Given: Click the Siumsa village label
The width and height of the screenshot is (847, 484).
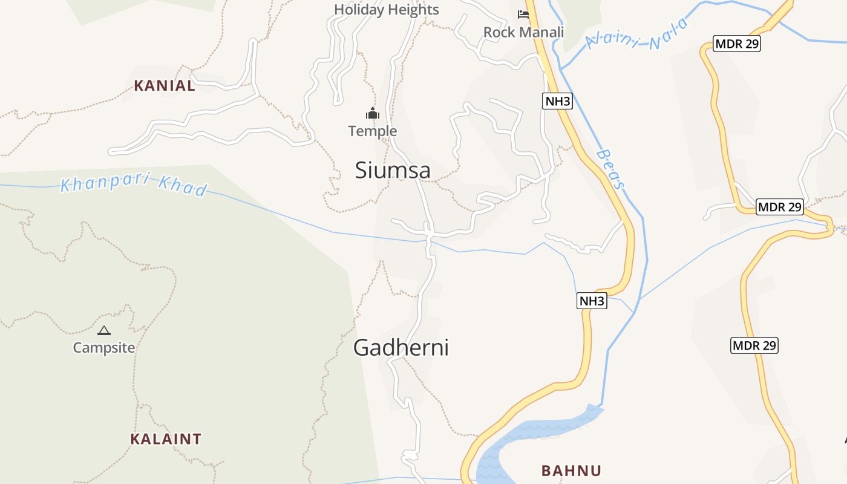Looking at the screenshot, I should point(393,170).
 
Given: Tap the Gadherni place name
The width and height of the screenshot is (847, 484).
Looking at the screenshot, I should point(401,348).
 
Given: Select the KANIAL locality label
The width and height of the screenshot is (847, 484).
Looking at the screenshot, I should point(165,86).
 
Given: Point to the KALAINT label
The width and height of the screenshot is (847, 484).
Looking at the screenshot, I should point(166,439).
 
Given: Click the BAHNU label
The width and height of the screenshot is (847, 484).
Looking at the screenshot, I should point(571,471).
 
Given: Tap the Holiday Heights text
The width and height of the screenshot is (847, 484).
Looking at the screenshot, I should point(386,10).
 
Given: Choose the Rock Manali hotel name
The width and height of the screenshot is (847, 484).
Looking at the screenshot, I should point(523,32).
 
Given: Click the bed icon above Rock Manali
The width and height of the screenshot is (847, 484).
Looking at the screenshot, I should point(523,15).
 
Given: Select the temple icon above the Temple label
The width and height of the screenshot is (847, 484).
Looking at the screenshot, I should point(372,113).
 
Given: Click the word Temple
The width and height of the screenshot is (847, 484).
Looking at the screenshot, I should point(372,131).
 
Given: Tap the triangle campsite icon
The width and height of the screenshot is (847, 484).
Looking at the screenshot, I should point(104,330).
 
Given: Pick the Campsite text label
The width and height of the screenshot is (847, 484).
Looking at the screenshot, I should point(104,348).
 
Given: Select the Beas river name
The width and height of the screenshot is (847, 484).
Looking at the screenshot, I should point(610,170).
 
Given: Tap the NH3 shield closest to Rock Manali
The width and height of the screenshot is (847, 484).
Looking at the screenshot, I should point(557,101).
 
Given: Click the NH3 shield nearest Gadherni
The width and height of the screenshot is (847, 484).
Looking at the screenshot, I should point(592,301).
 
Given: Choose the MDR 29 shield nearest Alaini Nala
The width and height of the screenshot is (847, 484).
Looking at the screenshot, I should point(736,44).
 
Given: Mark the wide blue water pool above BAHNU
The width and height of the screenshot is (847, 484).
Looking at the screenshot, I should point(532,436).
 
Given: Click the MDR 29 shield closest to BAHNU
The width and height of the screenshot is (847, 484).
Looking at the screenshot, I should point(754,345).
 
